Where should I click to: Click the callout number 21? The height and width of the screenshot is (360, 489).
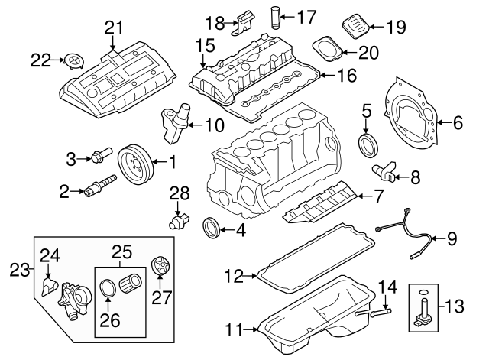click(113, 28)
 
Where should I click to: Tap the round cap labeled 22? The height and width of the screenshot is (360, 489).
click(73, 60)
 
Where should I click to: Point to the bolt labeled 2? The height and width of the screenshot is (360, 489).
click(99, 187)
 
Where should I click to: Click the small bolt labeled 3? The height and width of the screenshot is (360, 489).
click(101, 158)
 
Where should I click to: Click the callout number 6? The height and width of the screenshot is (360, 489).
click(458, 122)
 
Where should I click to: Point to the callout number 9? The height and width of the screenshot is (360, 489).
click(451, 239)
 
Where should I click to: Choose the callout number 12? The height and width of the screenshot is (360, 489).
click(234, 272)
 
